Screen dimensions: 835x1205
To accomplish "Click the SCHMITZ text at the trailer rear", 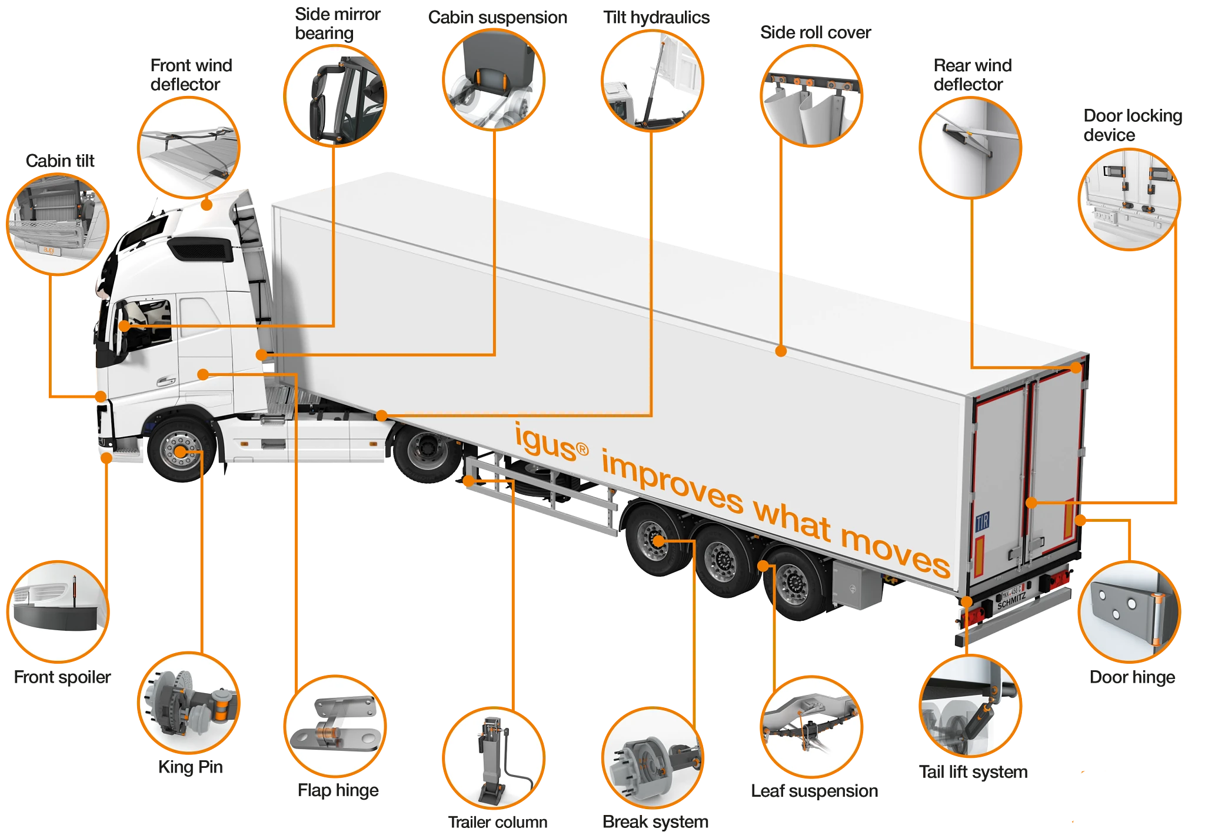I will (x=1011, y=600).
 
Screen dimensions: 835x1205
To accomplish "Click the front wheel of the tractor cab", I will (x=180, y=451).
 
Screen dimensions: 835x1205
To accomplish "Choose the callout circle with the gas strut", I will (x=652, y=79).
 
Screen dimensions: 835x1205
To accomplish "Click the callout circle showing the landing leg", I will (x=493, y=758).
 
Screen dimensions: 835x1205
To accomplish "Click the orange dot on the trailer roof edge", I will (x=781, y=351).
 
